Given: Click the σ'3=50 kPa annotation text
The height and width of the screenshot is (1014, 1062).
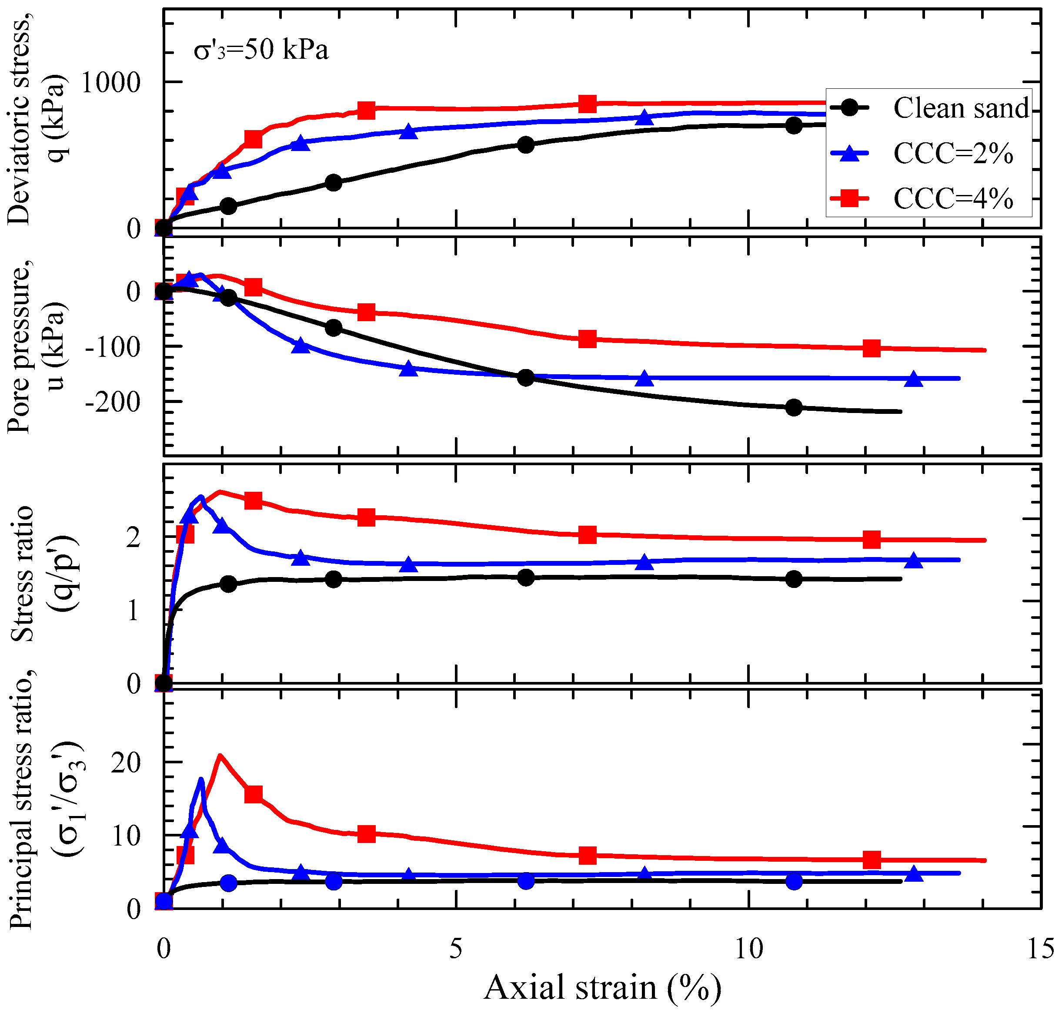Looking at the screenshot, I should [261, 50].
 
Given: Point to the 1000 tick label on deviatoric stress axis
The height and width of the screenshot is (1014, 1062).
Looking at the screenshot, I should [111, 83].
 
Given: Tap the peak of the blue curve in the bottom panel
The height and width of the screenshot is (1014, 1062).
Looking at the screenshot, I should [201, 779].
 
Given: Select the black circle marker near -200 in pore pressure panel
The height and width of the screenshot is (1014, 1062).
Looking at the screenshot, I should [793, 407].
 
